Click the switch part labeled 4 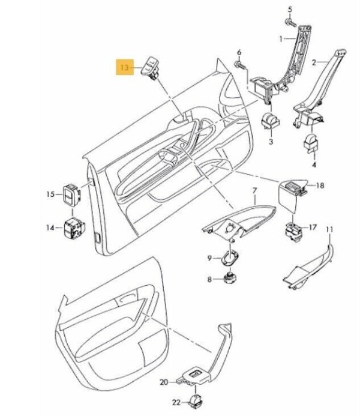312,143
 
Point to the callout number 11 329,231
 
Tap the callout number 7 254,192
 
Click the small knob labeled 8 230,278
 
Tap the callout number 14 50,228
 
